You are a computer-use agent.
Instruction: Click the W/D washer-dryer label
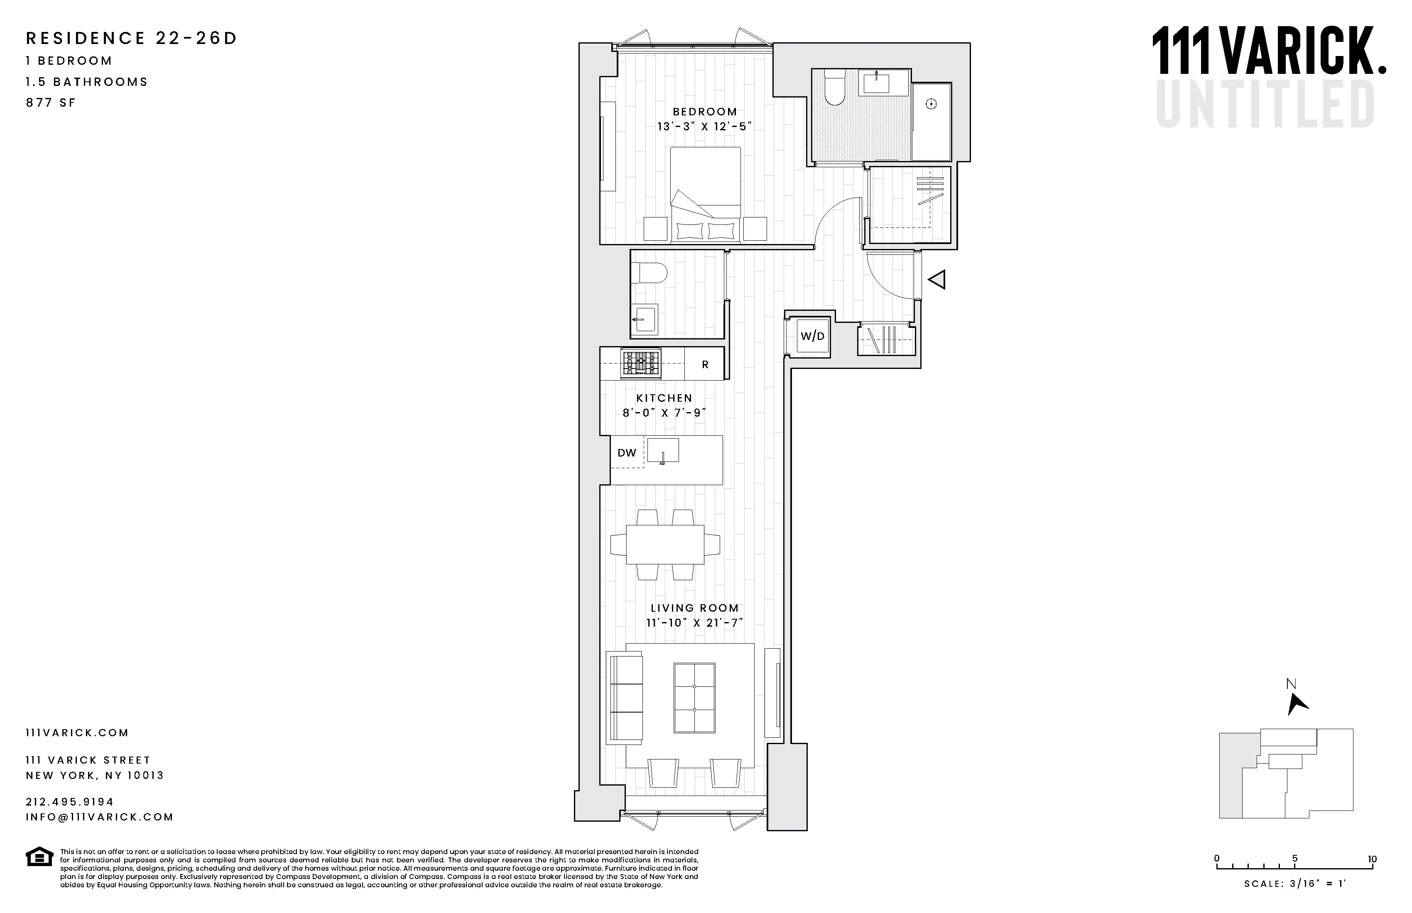pos(812,337)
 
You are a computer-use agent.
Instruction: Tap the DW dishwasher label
pos(627,453)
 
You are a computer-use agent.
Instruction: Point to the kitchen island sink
pos(663,451)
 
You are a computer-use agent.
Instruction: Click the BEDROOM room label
pos(705,112)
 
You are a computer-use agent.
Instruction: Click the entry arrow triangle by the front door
pos(937,279)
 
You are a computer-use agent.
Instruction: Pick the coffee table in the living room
pos(694,697)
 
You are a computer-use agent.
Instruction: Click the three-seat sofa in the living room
pos(625,697)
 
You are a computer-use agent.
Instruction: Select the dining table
pos(665,544)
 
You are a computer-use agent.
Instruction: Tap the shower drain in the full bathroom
pos(931,104)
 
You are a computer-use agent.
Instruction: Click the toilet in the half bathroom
pos(649,273)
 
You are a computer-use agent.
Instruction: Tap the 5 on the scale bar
pos(1294,859)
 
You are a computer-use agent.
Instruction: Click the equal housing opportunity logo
pos(39,857)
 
